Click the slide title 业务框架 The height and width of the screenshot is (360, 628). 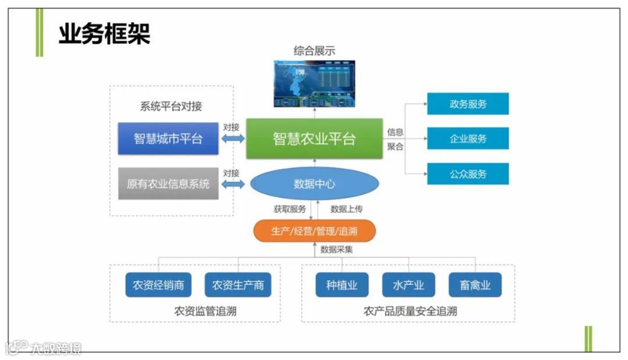[105, 34]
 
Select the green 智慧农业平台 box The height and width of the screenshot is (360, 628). [314, 138]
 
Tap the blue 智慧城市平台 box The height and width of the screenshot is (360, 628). [168, 138]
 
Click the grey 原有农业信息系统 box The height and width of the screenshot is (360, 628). [168, 184]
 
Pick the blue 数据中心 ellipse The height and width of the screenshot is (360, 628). [315, 184]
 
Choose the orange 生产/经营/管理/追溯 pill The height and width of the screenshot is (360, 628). [315, 231]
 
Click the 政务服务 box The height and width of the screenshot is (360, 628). [468, 104]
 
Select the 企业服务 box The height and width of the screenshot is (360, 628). [468, 138]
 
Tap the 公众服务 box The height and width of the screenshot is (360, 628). [468, 174]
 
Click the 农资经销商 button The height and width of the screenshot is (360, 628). [159, 285]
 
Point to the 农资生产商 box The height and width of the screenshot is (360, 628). [238, 285]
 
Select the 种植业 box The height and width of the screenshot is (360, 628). [342, 285]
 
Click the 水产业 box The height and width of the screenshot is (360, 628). [408, 285]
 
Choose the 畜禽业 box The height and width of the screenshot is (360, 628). [474, 285]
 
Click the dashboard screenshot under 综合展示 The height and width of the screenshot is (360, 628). [314, 84]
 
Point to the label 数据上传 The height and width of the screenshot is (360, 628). [346, 209]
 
